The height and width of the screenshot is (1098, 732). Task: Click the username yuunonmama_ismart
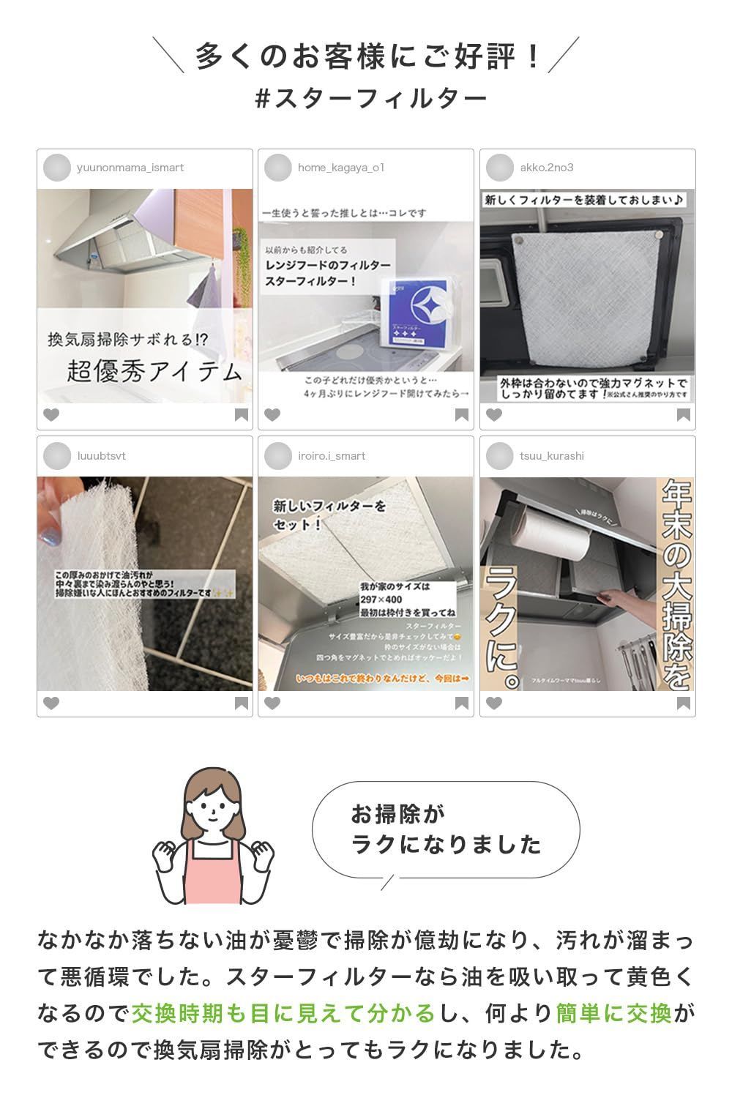pos(130,168)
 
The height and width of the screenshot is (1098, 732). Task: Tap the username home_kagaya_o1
pos(340,168)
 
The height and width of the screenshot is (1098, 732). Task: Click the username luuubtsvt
pos(101,456)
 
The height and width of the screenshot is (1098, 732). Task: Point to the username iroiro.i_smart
pos(331,456)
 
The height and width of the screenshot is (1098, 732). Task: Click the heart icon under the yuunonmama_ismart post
pos(51,415)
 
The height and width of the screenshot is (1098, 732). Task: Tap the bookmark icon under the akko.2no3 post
pos(683,415)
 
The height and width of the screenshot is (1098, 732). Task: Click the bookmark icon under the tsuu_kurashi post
pos(683,703)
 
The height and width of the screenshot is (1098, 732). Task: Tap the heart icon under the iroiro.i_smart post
pos(272,703)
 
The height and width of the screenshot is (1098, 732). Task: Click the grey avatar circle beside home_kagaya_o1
pos(277,168)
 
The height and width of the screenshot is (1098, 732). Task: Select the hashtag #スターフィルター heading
pos(370,99)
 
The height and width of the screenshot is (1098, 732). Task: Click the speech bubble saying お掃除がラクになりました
pos(446,829)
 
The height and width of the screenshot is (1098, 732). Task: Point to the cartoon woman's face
pos(213,809)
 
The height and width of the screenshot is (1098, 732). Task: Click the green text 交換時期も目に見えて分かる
pos(283,1014)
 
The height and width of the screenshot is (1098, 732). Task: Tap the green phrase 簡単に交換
pos(613,1014)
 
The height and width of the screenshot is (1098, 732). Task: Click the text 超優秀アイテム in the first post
pos(154,372)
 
